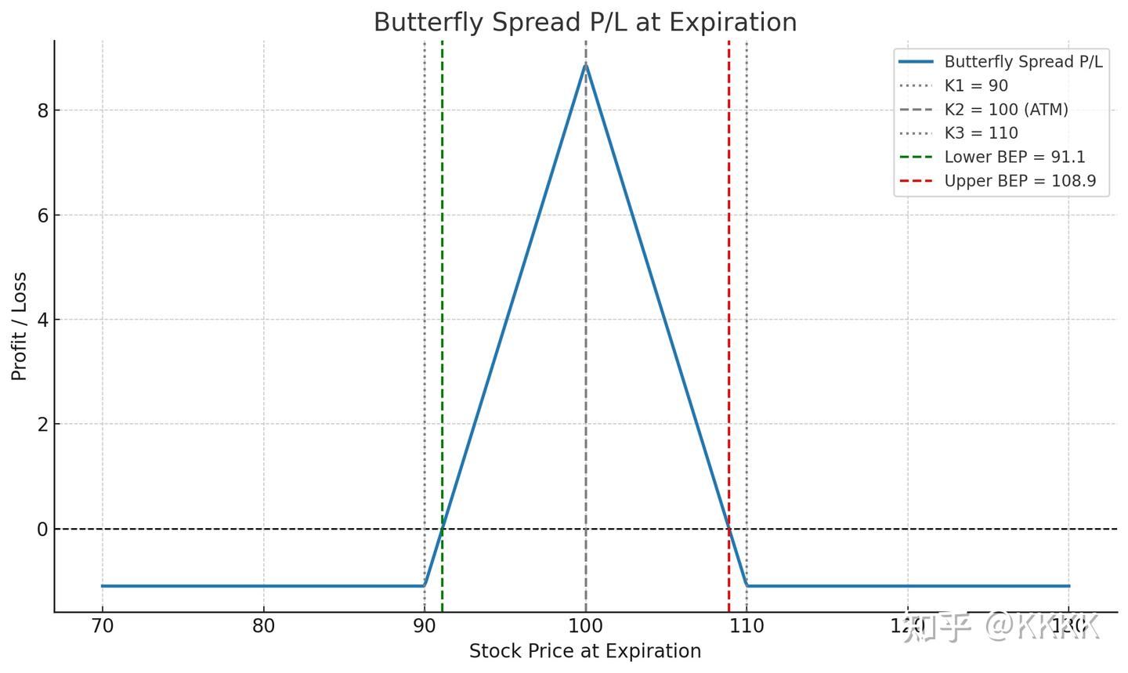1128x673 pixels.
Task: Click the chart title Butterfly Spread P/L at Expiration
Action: tap(584, 22)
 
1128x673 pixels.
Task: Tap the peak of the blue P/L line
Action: tap(585, 65)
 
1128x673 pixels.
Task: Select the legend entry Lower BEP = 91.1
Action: tap(1014, 157)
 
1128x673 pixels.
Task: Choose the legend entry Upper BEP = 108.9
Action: tap(1020, 181)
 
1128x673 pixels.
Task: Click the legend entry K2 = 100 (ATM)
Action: tap(1006, 110)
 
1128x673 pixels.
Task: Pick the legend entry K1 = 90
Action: tap(976, 85)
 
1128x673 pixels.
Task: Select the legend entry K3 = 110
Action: tap(981, 133)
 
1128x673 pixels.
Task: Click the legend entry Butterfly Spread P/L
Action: tap(1023, 62)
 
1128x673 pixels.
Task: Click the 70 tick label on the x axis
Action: tap(102, 626)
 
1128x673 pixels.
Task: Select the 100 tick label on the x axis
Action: tap(585, 626)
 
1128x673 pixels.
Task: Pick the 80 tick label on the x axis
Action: tap(263, 626)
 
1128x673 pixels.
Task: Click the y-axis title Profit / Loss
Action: tap(20, 326)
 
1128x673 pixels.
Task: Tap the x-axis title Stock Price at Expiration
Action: tap(584, 651)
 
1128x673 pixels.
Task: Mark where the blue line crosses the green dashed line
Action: tap(442, 529)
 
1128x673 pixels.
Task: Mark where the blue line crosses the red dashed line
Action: tap(728, 529)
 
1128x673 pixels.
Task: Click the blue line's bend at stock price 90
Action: tap(425, 584)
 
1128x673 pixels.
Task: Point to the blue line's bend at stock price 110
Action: tap(747, 584)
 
